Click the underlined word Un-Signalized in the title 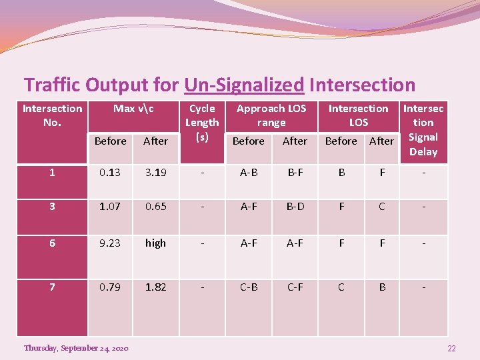click(x=244, y=85)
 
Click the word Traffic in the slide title click(x=50, y=85)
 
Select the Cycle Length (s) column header click(x=201, y=122)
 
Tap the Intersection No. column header click(x=52, y=115)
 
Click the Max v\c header click(x=133, y=109)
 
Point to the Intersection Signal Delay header click(x=423, y=130)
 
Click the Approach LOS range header click(x=271, y=115)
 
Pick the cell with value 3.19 click(x=155, y=173)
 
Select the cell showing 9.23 click(x=110, y=243)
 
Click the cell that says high click(x=155, y=243)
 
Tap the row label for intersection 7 click(x=51, y=287)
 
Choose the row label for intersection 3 click(x=51, y=207)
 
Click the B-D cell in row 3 click(x=295, y=207)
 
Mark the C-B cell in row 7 click(x=249, y=287)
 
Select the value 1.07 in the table click(x=110, y=207)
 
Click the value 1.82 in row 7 click(x=155, y=287)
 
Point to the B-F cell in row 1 click(x=295, y=173)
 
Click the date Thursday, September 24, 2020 click(x=76, y=348)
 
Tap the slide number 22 click(x=451, y=349)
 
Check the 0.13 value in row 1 click(x=110, y=173)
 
